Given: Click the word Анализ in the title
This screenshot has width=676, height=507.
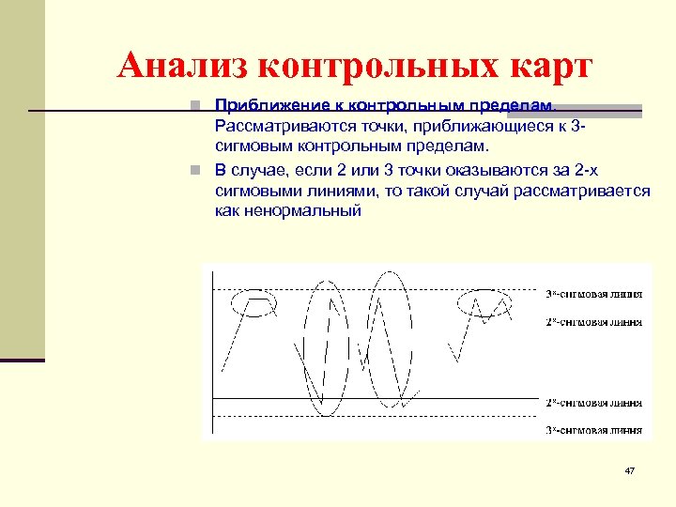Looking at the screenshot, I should pyautogui.click(x=180, y=66).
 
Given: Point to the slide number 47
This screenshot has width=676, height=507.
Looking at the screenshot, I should pyautogui.click(x=630, y=469).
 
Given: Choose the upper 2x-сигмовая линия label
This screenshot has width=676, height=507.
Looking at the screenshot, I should pyautogui.click(x=594, y=322).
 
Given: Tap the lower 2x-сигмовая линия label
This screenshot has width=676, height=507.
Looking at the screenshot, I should pyautogui.click(x=594, y=403).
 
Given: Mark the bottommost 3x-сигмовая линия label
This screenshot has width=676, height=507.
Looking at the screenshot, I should pyautogui.click(x=594, y=430).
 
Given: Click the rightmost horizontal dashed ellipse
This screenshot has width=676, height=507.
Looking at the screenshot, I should pyautogui.click(x=484, y=302).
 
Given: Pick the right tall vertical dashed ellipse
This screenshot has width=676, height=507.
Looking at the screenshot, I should pyautogui.click(x=390, y=338).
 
